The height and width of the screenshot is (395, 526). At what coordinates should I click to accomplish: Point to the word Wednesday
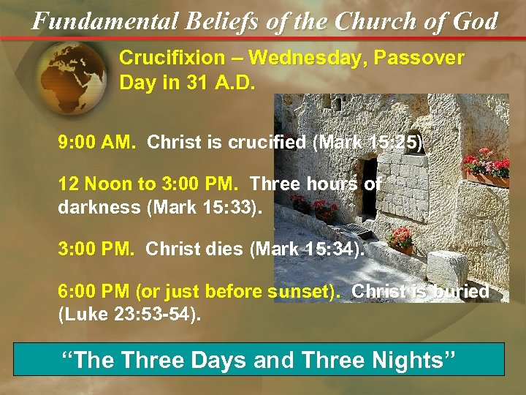298,58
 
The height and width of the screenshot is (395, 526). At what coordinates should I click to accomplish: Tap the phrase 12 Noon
98,184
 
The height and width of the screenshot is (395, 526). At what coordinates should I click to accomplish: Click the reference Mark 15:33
212,207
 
